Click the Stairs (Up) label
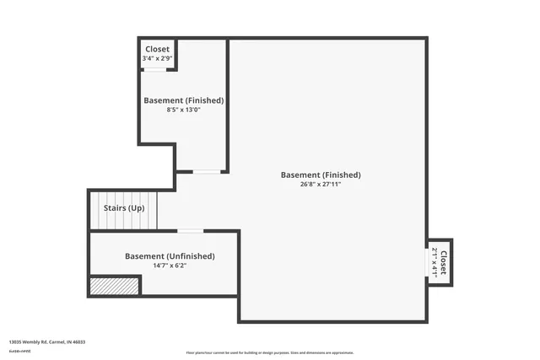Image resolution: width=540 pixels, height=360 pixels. (x=124, y=207)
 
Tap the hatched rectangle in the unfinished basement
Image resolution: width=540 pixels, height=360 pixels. (x=114, y=287)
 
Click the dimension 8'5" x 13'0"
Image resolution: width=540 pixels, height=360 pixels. (x=183, y=110)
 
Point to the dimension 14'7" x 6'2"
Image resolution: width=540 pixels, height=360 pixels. (x=170, y=266)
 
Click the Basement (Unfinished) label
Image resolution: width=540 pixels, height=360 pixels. (x=170, y=256)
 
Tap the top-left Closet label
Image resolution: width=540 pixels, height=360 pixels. (x=158, y=50)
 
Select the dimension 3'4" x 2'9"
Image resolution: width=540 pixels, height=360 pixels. (x=158, y=59)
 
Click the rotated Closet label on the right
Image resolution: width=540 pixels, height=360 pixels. (x=443, y=261)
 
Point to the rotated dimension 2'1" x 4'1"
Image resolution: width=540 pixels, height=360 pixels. (x=435, y=261)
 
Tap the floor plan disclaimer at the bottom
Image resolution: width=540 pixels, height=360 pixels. (x=270, y=352)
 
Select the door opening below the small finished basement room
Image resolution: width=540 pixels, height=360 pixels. (x=207, y=172)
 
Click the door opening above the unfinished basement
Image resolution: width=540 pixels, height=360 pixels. (x=191, y=230)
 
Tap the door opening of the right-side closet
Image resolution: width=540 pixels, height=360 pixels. (x=427, y=262)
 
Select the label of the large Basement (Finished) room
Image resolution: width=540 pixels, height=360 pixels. (x=321, y=175)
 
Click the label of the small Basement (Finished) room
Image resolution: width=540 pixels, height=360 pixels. (x=183, y=100)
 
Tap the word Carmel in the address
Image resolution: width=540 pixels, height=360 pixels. (x=60, y=341)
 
